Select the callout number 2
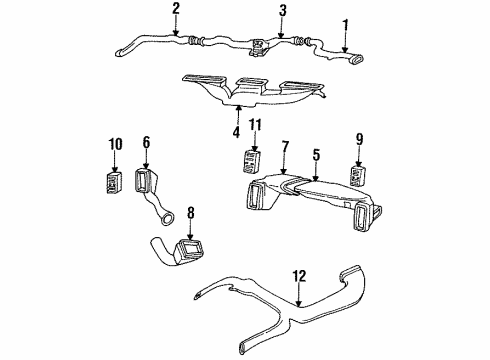coord(176,9)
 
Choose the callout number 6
coord(146,144)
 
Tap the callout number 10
coord(115,144)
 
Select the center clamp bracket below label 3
coord(258,45)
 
